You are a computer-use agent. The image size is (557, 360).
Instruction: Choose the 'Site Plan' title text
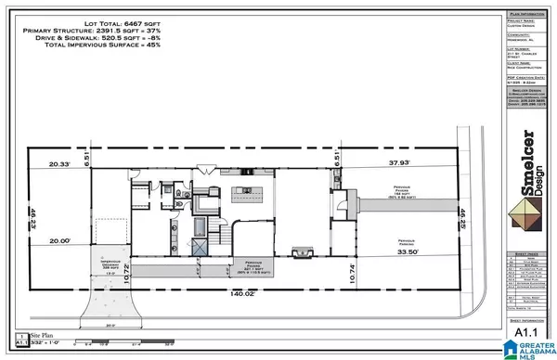tap(43, 332)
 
